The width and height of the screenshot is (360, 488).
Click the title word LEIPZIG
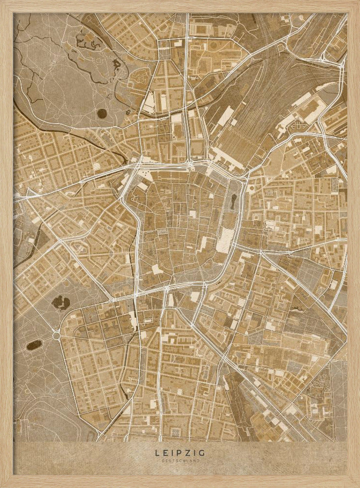coord(180,453)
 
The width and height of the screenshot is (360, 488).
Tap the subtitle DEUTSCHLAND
coord(180,460)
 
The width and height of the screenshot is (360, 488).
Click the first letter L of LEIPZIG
coord(158,453)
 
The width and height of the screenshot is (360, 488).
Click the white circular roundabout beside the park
coord(56,336)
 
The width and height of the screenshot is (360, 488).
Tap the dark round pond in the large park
coord(102,114)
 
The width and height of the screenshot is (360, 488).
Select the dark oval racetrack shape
coord(34,345)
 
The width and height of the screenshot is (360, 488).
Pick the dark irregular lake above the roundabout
coord(61,303)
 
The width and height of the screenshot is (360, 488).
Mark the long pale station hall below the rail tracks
coord(226,160)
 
